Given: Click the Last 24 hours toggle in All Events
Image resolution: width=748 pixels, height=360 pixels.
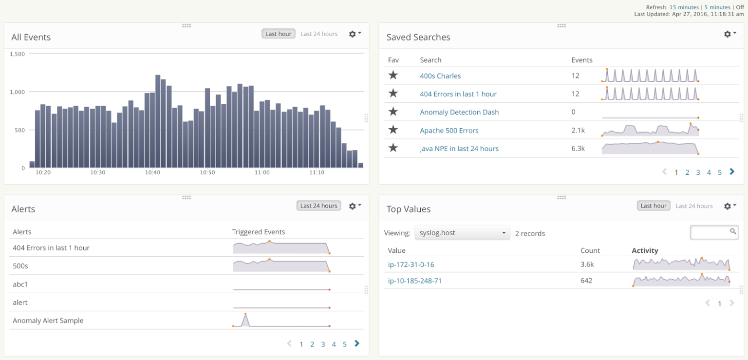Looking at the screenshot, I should pyautogui.click(x=319, y=34).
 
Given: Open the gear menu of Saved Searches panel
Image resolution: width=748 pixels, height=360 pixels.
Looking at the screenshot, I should pyautogui.click(x=729, y=34).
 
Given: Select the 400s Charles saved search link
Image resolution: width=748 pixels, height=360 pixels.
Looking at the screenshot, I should pyautogui.click(x=440, y=76).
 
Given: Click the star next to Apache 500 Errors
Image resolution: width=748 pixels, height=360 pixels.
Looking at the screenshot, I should pyautogui.click(x=393, y=130).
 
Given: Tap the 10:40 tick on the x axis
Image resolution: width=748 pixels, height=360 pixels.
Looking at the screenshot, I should pyautogui.click(x=152, y=173).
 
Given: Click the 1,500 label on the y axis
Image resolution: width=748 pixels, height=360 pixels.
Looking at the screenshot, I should pyautogui.click(x=17, y=54).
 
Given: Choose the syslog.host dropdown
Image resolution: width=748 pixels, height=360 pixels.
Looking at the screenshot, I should pyautogui.click(x=462, y=233).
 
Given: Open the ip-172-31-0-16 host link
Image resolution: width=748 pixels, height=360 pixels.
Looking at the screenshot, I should pyautogui.click(x=411, y=265).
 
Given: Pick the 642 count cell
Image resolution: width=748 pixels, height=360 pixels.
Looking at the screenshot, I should pyautogui.click(x=586, y=281).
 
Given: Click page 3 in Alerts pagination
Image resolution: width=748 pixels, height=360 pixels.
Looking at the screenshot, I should pyautogui.click(x=323, y=344).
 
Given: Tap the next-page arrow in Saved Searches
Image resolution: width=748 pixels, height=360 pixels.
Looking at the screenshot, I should pyautogui.click(x=731, y=171).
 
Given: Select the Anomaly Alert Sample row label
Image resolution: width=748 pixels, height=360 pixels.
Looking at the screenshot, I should pyautogui.click(x=48, y=321).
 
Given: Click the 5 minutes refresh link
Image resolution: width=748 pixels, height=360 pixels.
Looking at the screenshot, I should pyautogui.click(x=717, y=7).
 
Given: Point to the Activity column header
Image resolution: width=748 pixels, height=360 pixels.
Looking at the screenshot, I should pyautogui.click(x=645, y=250).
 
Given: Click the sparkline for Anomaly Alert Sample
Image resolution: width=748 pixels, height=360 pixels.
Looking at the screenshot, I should pyautogui.click(x=281, y=321).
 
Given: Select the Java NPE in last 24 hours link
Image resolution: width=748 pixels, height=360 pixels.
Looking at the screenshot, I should pyautogui.click(x=459, y=149).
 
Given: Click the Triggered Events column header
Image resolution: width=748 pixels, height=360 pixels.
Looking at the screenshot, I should pyautogui.click(x=259, y=232).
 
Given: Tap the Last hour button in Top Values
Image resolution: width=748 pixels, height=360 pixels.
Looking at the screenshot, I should pyautogui.click(x=653, y=206).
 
